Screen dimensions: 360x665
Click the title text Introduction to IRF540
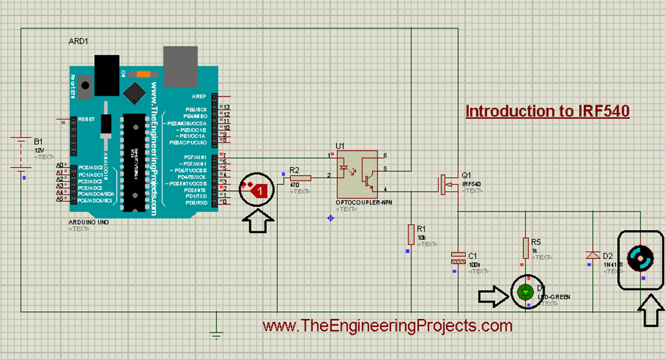(547, 111)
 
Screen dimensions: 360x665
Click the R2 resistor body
(301, 178)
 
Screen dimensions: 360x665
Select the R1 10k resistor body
(411, 234)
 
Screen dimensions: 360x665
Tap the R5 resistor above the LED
(525, 248)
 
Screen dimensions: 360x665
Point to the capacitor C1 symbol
(458, 258)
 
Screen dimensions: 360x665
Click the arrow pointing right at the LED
(492, 297)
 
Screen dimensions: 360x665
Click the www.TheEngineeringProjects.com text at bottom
(387, 326)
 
